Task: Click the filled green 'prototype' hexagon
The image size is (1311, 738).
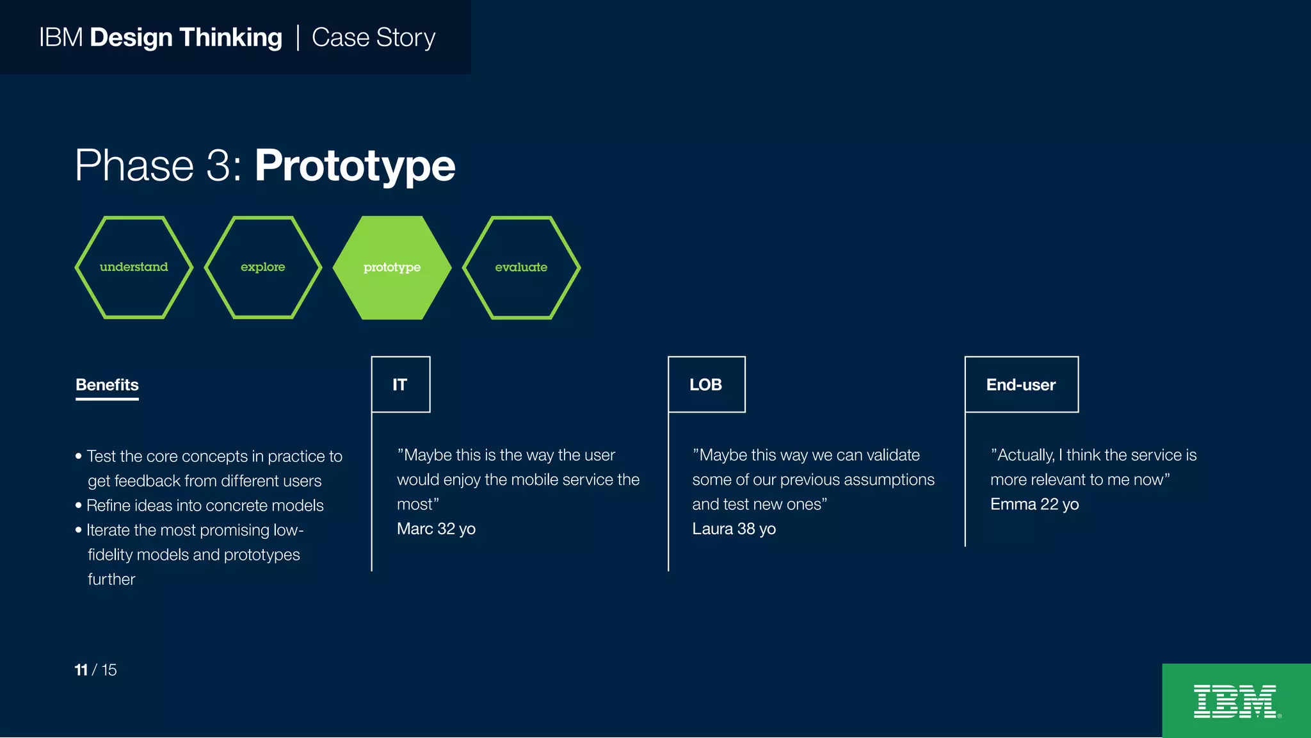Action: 392,267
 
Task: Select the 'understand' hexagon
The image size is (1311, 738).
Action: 134,267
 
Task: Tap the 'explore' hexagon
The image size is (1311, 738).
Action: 262,267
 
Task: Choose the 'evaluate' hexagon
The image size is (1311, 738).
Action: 521,267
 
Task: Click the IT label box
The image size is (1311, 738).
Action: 401,384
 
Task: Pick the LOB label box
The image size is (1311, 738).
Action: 706,384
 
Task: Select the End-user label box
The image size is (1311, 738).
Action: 1021,384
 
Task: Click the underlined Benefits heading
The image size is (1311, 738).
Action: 107,385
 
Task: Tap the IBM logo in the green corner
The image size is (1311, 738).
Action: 1235,701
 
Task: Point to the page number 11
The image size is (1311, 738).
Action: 81,670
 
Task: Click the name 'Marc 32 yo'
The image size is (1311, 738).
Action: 436,529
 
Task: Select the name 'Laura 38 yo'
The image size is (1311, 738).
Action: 734,529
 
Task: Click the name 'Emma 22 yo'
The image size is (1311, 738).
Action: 1034,505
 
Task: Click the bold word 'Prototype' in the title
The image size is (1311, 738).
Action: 355,166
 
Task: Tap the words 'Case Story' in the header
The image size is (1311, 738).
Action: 373,38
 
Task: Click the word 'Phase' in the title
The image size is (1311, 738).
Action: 134,166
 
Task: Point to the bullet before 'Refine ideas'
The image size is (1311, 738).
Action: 79,506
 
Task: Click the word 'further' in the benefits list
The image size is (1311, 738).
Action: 111,580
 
